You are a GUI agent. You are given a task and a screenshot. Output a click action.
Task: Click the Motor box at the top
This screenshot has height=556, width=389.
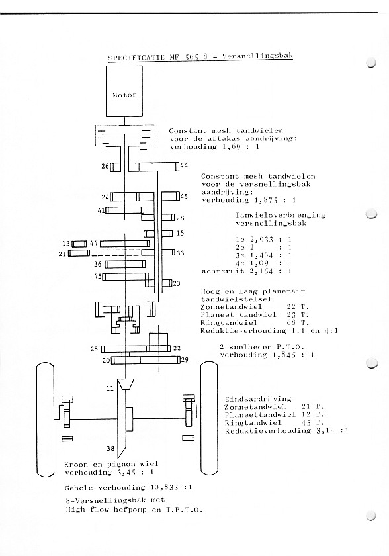pyautogui.click(x=124, y=91)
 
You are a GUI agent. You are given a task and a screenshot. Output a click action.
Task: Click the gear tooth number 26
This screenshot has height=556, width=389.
pyautogui.click(x=105, y=166)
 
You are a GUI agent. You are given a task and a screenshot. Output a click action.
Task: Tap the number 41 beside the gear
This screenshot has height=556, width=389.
pyautogui.click(x=101, y=210)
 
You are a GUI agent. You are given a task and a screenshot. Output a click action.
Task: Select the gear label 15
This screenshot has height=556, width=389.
pyautogui.click(x=181, y=233)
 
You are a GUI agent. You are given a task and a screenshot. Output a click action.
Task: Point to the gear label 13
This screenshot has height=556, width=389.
pyautogui.click(x=66, y=244)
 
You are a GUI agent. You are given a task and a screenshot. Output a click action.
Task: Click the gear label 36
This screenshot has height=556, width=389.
pyautogui.click(x=98, y=264)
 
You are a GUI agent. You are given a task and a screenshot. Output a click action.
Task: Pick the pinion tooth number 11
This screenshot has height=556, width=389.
pyautogui.click(x=110, y=389)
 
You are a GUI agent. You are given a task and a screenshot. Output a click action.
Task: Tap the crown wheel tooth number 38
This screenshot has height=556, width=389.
pyautogui.click(x=110, y=448)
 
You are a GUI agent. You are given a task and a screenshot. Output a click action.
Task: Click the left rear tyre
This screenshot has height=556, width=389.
pyautogui.click(x=46, y=419)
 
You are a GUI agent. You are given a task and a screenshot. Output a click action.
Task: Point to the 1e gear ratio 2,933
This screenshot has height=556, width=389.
pyautogui.click(x=261, y=240)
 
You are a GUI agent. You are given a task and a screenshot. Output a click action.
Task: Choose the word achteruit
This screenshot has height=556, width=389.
pyautogui.click(x=218, y=271)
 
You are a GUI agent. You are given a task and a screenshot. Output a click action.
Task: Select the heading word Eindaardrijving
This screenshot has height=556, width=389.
pyautogui.click(x=258, y=399)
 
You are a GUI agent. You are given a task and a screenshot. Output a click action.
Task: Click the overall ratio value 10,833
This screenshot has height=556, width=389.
pyautogui.click(x=164, y=488)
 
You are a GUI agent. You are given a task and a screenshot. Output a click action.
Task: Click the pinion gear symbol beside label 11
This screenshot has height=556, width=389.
pyautogui.click(x=126, y=385)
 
